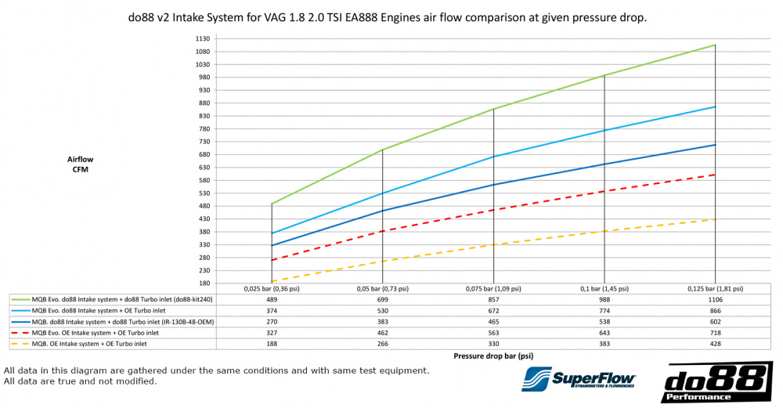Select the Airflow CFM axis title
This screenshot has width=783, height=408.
pyautogui.click(x=80, y=164)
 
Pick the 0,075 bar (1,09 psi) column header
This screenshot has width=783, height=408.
pyautogui.click(x=493, y=289)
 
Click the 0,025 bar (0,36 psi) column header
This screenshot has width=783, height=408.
pyautogui.click(x=272, y=289)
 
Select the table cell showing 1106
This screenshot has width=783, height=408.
pyautogui.click(x=715, y=299)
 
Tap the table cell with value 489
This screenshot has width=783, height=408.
pyautogui.click(x=272, y=299)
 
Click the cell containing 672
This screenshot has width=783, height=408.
pyautogui.click(x=493, y=310)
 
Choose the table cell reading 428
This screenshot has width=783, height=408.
pyautogui.click(x=715, y=342)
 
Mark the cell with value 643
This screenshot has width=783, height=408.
pyautogui.click(x=604, y=332)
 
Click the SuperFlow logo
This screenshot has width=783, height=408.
pyautogui.click(x=579, y=379)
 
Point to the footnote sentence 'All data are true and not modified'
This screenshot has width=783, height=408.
pyautogui.click(x=81, y=381)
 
